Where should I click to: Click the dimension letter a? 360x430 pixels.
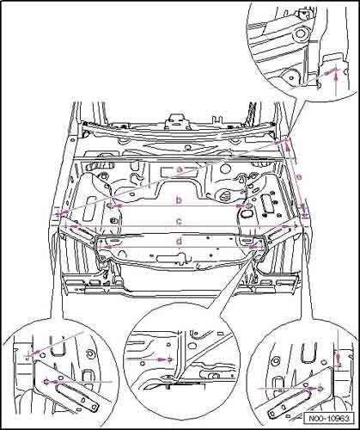[x=180, y=169]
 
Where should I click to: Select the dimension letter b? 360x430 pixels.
[x=179, y=200]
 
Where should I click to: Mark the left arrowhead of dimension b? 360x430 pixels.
[x=118, y=206]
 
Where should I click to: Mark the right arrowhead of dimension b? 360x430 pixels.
[x=240, y=206]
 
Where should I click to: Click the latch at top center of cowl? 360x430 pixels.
[x=179, y=118]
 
